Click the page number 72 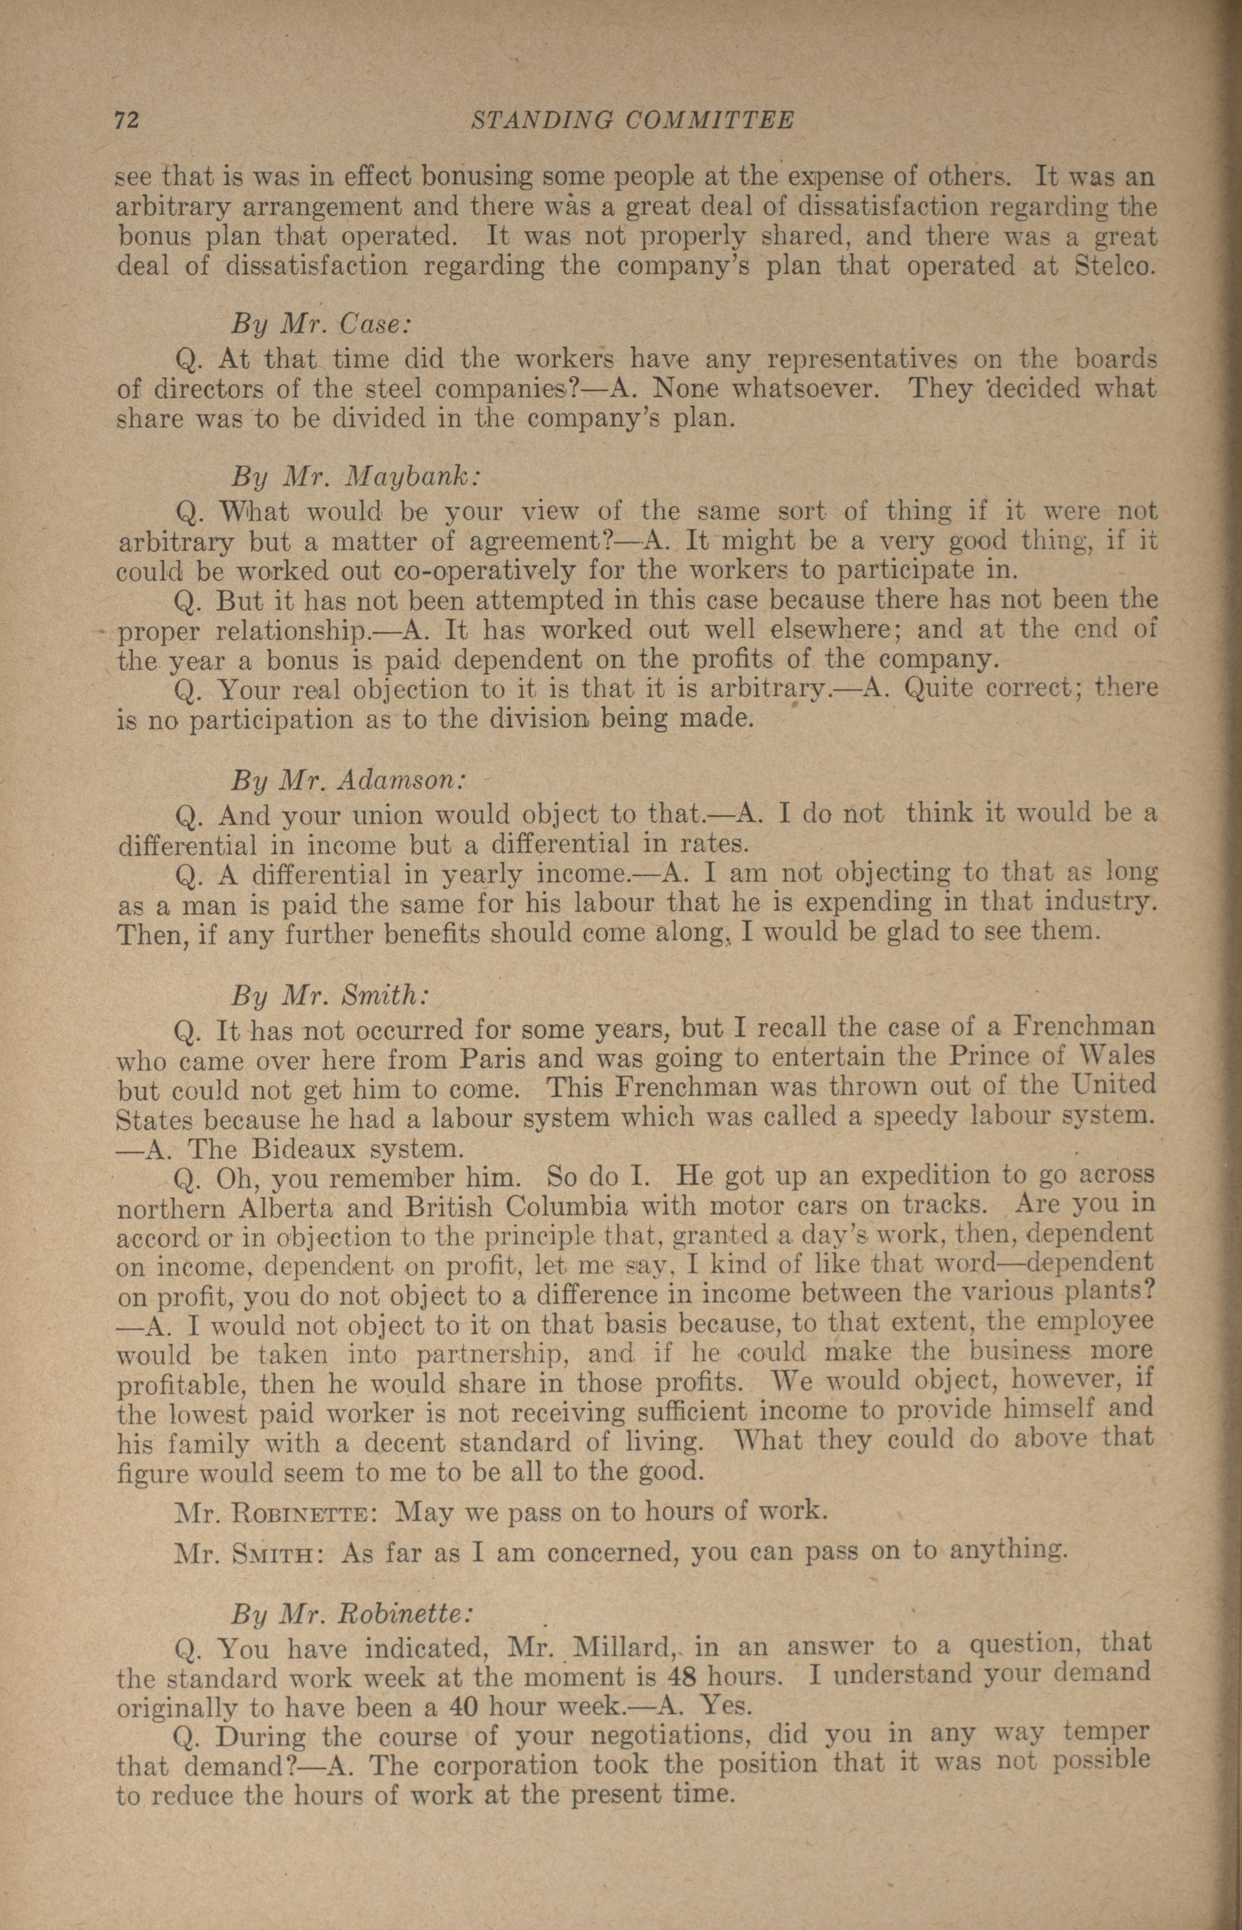coord(127,120)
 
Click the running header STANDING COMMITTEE coord(632,120)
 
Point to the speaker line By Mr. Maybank coord(356,477)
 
